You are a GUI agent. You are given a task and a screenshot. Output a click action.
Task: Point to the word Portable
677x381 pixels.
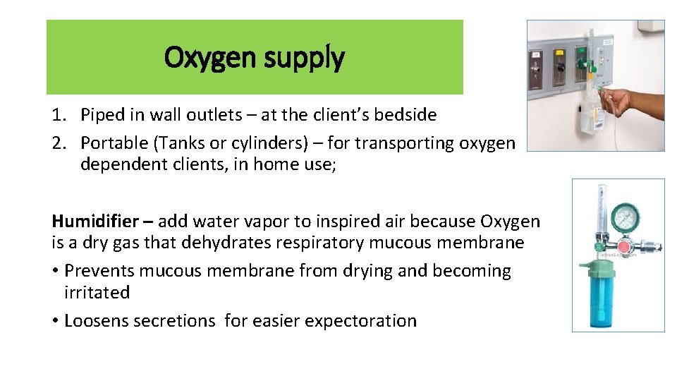coord(113,143)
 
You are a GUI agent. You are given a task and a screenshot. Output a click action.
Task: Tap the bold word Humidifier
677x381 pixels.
coord(95,222)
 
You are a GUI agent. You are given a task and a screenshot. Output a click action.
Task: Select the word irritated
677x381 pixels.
coord(97,292)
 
